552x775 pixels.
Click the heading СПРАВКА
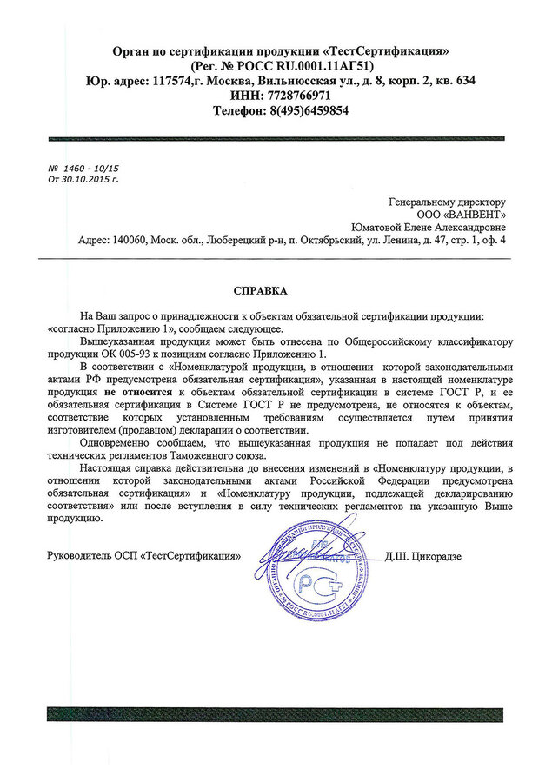(261, 288)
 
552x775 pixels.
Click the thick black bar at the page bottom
(276, 714)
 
